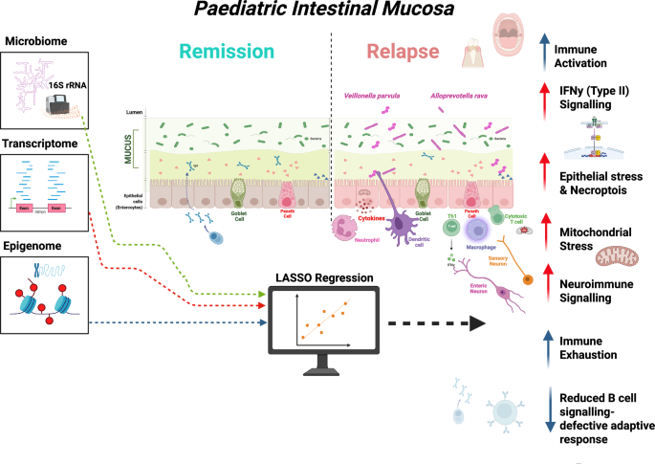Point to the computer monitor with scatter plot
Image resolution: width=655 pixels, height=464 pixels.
321,325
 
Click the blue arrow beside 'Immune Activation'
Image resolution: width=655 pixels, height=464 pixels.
544,47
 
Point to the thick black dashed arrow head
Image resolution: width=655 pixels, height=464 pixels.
476,325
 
